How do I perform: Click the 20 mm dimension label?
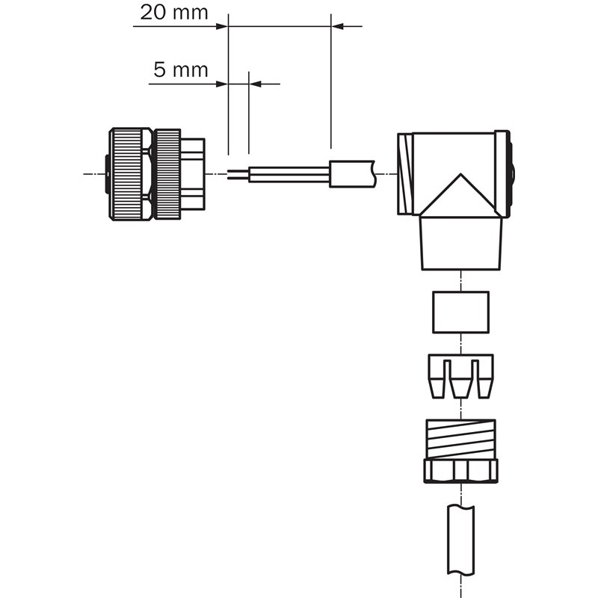[x=174, y=13]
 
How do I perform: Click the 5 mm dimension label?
[x=181, y=70]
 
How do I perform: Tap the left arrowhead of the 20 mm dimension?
[x=222, y=26]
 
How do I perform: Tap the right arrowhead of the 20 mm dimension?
[x=338, y=26]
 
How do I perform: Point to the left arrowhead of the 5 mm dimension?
[x=222, y=84]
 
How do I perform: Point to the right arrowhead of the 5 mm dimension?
[x=255, y=84]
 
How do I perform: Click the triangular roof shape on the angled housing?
[x=460, y=196]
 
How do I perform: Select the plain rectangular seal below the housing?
[x=460, y=312]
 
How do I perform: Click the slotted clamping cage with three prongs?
[x=460, y=376]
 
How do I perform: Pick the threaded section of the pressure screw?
[x=460, y=439]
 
